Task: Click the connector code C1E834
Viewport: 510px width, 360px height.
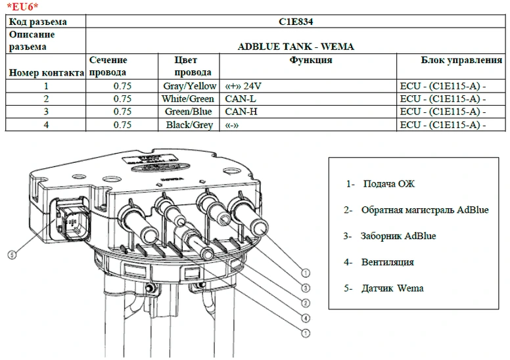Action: (296, 22)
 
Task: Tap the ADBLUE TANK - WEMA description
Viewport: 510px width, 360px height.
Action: (296, 47)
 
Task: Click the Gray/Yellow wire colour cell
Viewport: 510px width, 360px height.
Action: (189, 86)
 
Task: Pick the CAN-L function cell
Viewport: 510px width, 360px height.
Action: (241, 99)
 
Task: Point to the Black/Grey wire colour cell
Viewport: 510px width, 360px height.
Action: (189, 125)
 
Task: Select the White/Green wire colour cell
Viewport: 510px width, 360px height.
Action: (188, 99)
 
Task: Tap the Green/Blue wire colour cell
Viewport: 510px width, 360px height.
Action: (189, 112)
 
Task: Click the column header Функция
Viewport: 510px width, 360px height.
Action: (310, 60)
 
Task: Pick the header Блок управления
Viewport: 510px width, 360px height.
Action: (461, 60)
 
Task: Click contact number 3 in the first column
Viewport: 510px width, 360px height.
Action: (46, 112)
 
